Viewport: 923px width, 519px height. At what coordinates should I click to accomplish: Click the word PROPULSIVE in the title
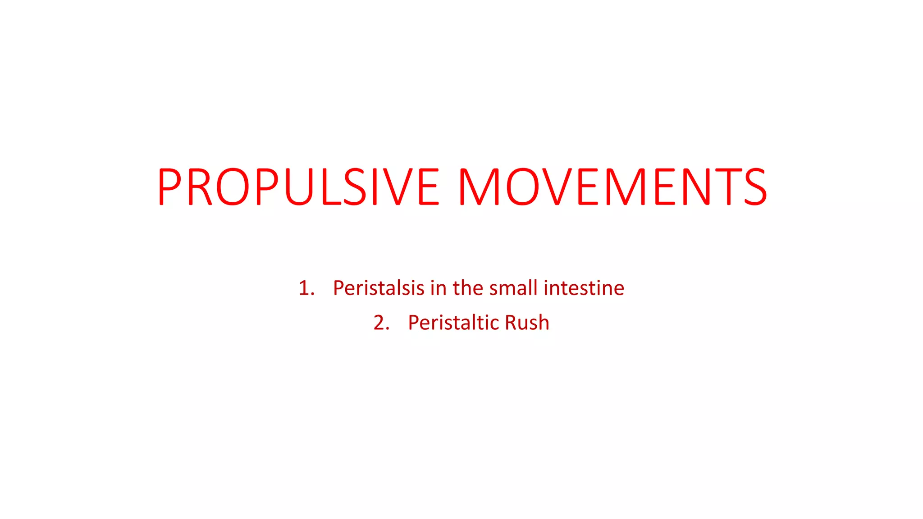pos(298,187)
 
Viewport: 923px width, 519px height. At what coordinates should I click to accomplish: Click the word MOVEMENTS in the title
pos(612,187)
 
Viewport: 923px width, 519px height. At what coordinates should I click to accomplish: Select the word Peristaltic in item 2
pos(453,323)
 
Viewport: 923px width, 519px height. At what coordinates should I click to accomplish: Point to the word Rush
pos(527,323)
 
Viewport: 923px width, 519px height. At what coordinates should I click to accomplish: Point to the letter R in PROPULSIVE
pos(200,187)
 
